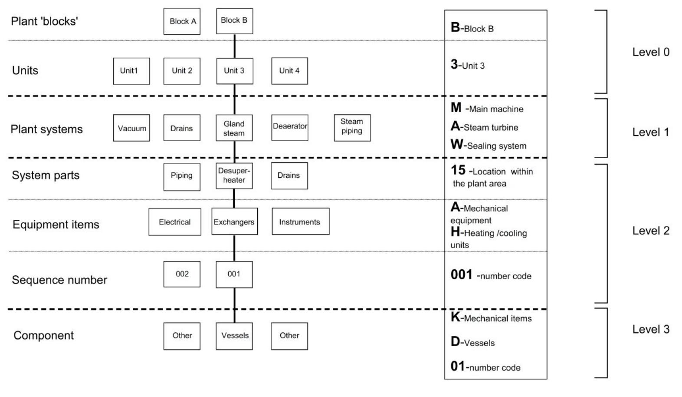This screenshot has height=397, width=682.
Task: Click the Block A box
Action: point(182,21)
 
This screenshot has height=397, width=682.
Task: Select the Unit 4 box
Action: point(289,71)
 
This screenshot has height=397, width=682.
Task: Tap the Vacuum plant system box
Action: point(131,128)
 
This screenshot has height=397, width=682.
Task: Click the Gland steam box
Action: point(234,128)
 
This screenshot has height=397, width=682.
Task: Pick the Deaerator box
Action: point(290,127)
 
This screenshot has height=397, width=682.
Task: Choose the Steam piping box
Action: point(352,128)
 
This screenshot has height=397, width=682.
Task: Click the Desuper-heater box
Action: point(234,175)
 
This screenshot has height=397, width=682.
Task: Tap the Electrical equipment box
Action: point(175,222)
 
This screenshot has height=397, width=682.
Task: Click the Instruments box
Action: point(300,222)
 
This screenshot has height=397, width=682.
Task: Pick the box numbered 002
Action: point(182,274)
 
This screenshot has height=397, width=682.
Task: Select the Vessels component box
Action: point(234,336)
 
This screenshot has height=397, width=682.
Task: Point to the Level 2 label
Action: point(650,231)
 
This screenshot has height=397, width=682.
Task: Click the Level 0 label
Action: point(650,52)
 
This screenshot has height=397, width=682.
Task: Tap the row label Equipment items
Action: point(56,225)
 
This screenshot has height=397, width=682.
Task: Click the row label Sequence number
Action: point(59,280)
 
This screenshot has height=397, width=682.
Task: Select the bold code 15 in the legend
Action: point(458,170)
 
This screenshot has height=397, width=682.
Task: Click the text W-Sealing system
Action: point(489,145)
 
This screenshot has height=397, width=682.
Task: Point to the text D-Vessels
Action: point(472,342)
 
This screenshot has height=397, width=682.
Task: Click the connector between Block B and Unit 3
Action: point(235,46)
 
